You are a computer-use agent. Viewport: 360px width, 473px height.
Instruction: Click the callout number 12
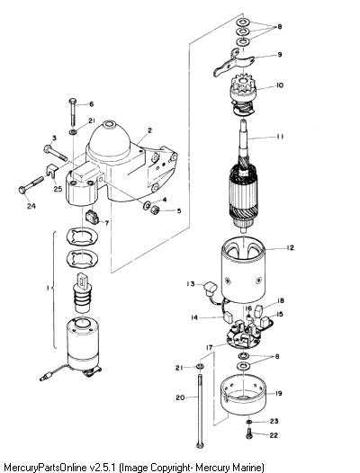click(x=290, y=247)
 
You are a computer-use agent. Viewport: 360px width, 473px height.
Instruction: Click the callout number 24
click(x=31, y=206)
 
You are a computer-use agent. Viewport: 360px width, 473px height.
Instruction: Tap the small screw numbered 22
click(x=249, y=433)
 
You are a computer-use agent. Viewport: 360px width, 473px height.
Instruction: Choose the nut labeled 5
click(x=155, y=209)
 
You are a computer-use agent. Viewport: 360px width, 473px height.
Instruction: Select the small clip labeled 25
click(x=53, y=171)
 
